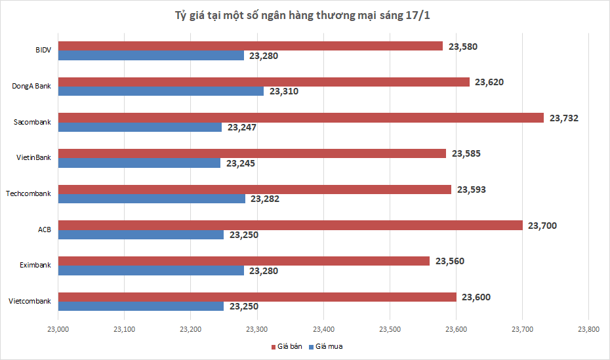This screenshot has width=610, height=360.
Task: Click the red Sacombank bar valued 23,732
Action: pos(301,118)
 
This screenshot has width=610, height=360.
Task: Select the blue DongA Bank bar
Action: pos(161,91)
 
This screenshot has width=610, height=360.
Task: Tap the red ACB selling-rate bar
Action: pos(291,226)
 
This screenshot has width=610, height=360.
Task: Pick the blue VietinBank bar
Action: pos(140,163)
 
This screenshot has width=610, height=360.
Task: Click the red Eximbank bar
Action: pos(244,261)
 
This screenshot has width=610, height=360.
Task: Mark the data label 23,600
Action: pos(476,297)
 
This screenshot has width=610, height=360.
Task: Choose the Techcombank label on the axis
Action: pos(28,193)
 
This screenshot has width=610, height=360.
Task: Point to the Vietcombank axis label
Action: pos(30,301)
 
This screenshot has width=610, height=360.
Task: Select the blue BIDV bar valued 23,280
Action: pos(151,56)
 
